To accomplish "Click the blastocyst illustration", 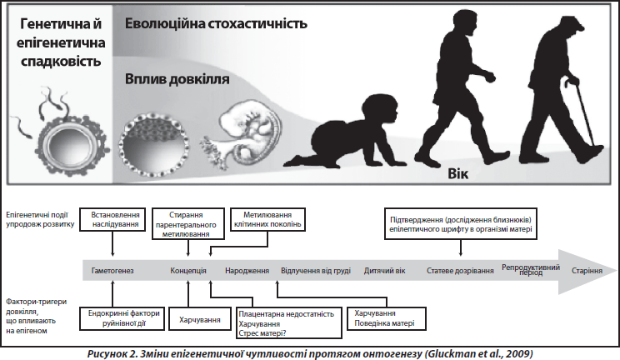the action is coord(154,145).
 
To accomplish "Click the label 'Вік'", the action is coord(457,173).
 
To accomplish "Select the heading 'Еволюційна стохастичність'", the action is coord(216,23).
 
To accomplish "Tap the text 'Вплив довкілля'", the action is coord(177,79).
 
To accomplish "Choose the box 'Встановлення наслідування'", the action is coord(112,219).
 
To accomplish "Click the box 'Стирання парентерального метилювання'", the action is coord(188,224).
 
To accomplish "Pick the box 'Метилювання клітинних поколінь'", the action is coord(267,219).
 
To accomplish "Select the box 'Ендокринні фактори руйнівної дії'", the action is coord(122,318).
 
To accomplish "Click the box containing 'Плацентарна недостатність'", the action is coord(289,323).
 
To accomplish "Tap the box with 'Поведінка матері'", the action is coord(387,318).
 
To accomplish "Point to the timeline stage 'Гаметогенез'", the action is coord(112,271).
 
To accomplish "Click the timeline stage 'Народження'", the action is coord(247,271).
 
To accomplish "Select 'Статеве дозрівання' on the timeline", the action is coord(460,271).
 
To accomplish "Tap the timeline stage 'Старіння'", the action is coord(587,271).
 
